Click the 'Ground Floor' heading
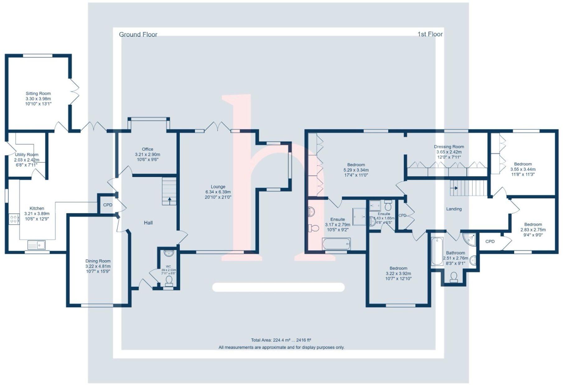pos(138,35)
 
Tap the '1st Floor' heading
pos(430,34)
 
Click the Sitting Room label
pos(38,93)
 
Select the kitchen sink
pos(36,245)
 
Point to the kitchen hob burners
pos(14,219)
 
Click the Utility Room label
pos(27,155)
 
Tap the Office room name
pos(147,149)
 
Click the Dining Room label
pos(98,261)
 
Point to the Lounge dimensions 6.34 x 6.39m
pos(218,192)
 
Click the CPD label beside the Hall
pos(108,205)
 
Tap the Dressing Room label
pos(449,147)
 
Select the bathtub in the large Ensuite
pos(337,244)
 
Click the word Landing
pos(454,209)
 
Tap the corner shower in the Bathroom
pos(469,239)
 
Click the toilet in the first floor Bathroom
pos(454,277)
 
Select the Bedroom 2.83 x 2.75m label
pos(533,225)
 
